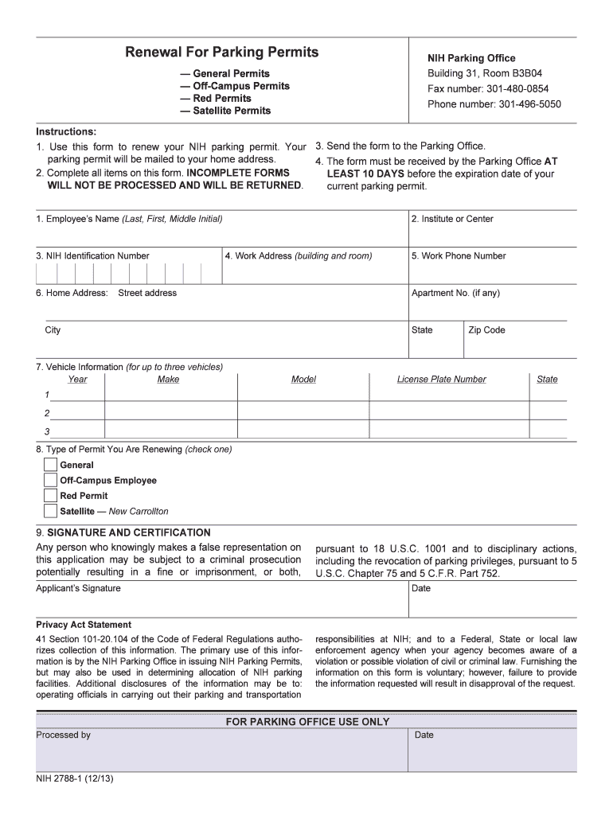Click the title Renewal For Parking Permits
tap(221, 53)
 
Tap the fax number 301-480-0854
tap(488, 89)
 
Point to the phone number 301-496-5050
tap(494, 104)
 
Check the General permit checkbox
tap(50, 465)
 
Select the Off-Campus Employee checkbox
tap(50, 481)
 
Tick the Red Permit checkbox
tap(50, 496)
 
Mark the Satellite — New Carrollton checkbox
tap(50, 511)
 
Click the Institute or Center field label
tap(452, 219)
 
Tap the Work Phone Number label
tap(459, 256)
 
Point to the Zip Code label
tap(486, 330)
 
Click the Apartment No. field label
tap(455, 293)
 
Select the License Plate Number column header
tap(441, 380)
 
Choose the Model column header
tap(303, 380)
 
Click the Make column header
tap(168, 380)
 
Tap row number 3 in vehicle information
tap(47, 431)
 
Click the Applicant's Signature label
tap(78, 588)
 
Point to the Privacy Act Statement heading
tap(84, 625)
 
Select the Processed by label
tap(63, 735)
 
